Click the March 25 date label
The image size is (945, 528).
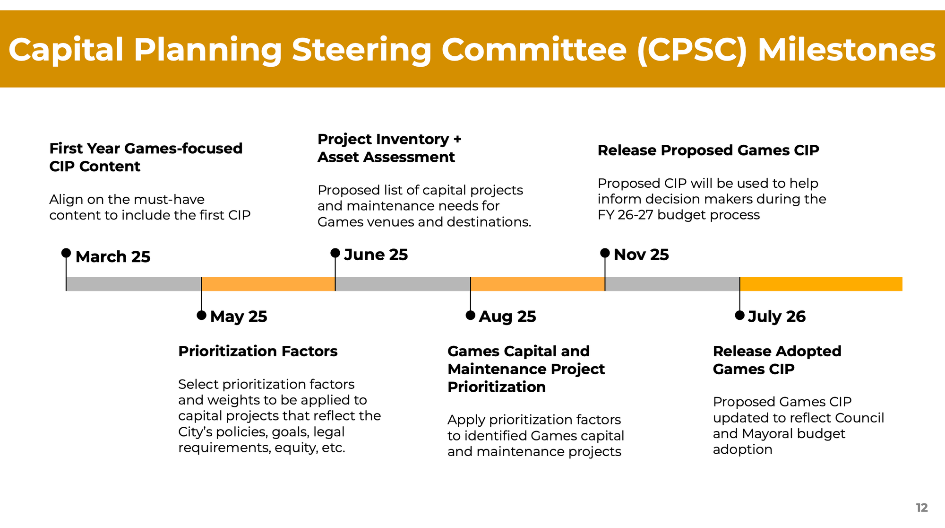113,257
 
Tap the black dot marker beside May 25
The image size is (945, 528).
201,315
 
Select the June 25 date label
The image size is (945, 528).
376,255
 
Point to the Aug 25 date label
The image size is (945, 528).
507,317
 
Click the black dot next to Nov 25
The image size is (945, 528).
605,253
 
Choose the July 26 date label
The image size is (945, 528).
777,317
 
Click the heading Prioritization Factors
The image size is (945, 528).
258,352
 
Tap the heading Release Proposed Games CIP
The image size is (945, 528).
708,150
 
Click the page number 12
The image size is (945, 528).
921,508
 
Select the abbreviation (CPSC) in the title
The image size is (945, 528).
692,50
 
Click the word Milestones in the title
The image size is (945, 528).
846,50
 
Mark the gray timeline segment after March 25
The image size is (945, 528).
134,284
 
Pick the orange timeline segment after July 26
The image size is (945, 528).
821,284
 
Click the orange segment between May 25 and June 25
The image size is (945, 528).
268,284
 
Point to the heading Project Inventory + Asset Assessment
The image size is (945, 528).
389,148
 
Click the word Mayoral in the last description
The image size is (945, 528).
770,434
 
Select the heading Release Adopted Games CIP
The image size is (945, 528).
777,360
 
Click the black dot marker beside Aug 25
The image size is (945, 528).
470,315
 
